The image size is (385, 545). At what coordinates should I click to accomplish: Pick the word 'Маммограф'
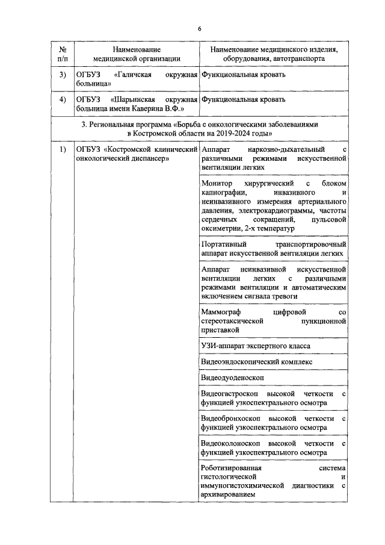(223, 312)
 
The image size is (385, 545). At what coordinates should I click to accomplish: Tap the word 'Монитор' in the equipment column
(217, 182)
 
